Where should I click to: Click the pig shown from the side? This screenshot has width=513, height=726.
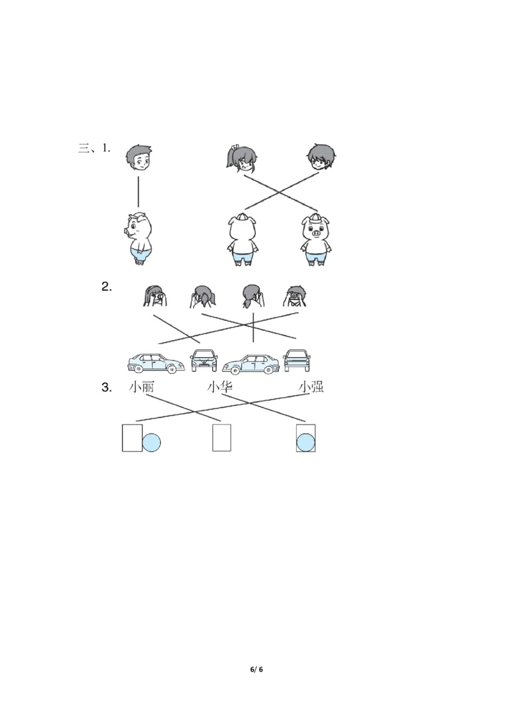point(138,239)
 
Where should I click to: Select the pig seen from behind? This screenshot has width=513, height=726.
point(242,240)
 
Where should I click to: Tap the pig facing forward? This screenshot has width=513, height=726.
point(317,240)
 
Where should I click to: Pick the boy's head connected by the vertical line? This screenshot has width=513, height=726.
point(139,157)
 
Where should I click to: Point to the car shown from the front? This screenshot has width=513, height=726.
point(204,360)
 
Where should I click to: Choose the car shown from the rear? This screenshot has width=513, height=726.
point(297,360)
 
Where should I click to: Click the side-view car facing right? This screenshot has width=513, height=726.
point(156,363)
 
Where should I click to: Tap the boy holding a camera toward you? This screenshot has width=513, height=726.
point(294,296)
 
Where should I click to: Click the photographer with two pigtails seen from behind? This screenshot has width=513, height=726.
point(203,297)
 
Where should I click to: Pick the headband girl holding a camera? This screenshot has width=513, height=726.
point(155,296)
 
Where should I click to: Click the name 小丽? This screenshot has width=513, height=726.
point(142,387)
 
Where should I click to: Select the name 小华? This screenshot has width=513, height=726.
point(219,387)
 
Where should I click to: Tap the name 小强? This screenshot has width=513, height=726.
point(310,387)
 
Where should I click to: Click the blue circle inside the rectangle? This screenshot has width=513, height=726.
point(306,442)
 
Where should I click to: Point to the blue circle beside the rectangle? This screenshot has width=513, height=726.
point(151,443)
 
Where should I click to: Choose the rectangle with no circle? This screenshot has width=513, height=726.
point(222,437)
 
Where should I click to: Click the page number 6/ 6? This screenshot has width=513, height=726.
point(256,669)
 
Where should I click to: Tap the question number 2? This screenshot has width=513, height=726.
point(106,287)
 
